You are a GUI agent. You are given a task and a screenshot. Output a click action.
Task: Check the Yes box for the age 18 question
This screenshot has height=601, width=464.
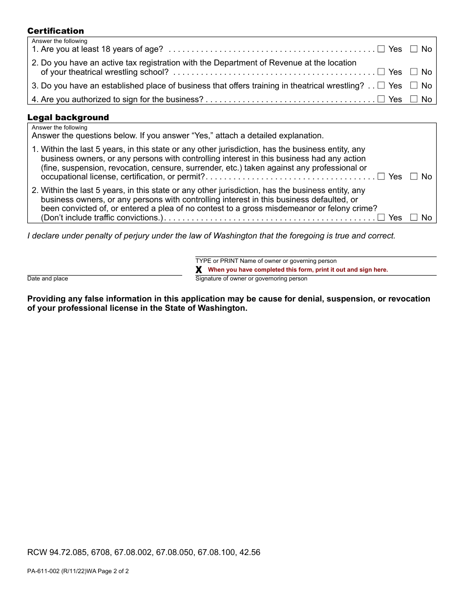381,49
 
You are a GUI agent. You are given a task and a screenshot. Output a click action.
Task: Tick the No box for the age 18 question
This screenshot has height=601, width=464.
414,49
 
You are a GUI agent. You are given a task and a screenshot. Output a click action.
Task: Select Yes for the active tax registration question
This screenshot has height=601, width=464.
381,72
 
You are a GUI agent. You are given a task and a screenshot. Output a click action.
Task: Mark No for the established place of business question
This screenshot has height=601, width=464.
414,86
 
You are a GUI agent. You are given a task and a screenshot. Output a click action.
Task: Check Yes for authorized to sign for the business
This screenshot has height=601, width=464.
381,99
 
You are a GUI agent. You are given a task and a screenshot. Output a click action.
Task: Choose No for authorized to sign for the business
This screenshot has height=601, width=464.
414,99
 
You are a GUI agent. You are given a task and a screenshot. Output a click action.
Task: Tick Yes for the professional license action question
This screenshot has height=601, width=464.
381,176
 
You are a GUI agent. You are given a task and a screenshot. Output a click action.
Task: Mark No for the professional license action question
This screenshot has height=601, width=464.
414,176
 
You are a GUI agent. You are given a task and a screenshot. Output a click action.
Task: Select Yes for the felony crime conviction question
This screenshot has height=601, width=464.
381,217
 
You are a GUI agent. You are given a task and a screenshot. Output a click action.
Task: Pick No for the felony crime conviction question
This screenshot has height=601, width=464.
414,217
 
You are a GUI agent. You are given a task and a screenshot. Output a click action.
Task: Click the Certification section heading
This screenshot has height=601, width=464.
56,31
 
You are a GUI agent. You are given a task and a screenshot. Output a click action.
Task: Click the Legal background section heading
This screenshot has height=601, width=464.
68,118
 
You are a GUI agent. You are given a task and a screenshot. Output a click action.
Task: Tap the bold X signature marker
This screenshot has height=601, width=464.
199,270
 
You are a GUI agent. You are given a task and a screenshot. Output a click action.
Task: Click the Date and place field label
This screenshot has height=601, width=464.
48,279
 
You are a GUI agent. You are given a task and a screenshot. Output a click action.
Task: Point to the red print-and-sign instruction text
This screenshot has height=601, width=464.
297,270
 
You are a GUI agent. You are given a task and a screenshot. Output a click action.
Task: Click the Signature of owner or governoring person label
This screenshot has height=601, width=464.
252,279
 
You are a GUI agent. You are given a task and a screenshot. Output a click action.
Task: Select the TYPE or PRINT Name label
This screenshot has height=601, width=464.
266,261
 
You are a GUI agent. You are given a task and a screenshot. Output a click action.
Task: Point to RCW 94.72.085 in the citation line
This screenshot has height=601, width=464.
58,553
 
